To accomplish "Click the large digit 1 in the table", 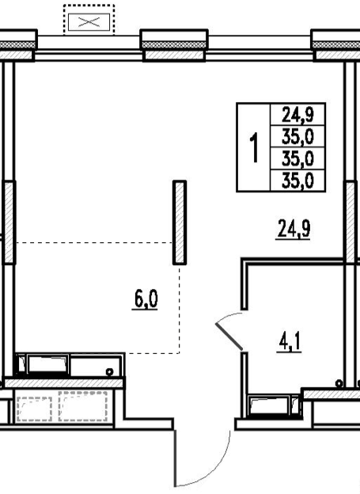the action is [254, 147].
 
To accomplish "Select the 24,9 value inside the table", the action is [297, 114].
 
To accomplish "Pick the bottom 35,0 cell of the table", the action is [297, 180].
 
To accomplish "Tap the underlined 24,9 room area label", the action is [294, 230].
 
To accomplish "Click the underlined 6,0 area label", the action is [146, 299].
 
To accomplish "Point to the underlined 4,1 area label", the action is [290, 342].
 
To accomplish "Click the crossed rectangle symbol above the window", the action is [89, 22].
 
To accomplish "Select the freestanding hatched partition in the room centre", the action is [180, 222].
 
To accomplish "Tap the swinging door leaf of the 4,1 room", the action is [229, 336].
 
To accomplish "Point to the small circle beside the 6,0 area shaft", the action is [109, 372].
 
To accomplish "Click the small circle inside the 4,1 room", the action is [339, 383].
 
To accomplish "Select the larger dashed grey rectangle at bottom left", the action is [83, 406].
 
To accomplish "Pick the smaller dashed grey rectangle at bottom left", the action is [34, 408].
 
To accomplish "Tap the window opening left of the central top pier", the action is [89, 47].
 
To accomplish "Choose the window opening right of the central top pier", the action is [260, 47].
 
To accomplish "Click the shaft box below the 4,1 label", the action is [275, 406].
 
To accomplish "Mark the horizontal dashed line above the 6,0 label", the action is [94, 242].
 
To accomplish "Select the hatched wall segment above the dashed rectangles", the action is [63, 383].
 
